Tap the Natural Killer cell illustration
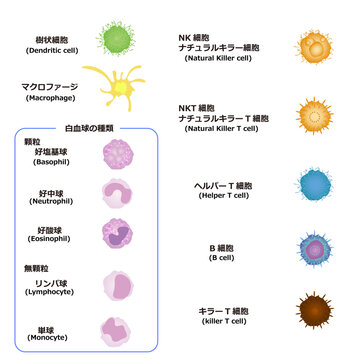coord(313,47)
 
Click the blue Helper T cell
coord(313,185)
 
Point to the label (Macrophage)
coord(49,99)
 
